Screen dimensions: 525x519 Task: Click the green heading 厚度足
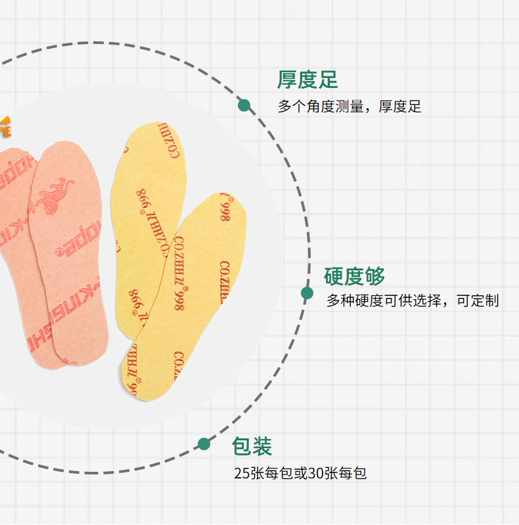(x=307, y=80)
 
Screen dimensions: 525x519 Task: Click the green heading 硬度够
(x=354, y=276)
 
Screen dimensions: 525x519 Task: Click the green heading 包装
(x=252, y=447)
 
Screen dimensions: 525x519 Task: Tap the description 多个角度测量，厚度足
(x=349, y=106)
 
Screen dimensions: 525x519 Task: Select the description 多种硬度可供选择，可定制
(x=413, y=301)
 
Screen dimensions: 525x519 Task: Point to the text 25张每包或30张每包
(x=300, y=472)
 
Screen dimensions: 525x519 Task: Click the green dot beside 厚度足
(x=244, y=105)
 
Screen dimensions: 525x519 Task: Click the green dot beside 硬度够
(x=307, y=293)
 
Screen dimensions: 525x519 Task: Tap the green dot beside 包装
(x=204, y=444)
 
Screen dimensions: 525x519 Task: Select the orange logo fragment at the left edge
(x=5, y=127)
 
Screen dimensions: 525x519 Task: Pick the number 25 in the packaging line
(x=241, y=472)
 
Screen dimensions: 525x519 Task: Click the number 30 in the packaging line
(x=315, y=472)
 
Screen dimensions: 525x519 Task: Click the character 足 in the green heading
(x=328, y=80)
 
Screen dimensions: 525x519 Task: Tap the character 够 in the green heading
(x=375, y=276)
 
